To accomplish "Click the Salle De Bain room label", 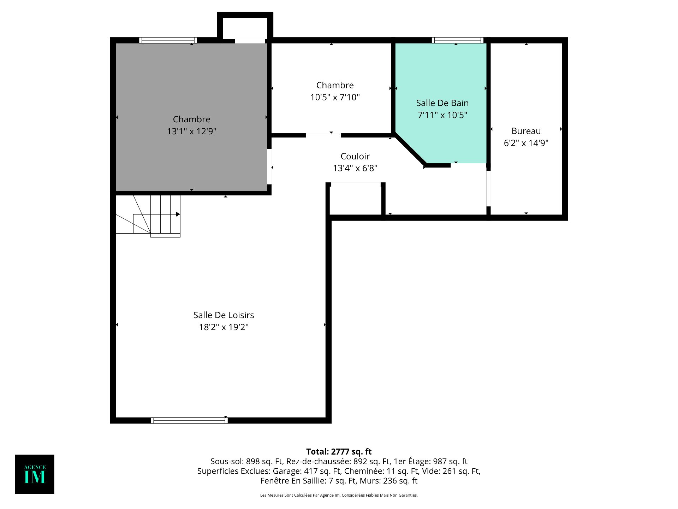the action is click(x=442, y=103).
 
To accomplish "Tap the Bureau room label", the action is click(x=526, y=131).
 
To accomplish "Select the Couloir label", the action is click(x=355, y=156).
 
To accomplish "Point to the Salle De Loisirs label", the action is click(x=224, y=315).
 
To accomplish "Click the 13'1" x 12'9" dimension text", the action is click(x=191, y=131).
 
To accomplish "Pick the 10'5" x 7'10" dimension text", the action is click(x=335, y=97).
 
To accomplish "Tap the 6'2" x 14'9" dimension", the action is click(x=526, y=143).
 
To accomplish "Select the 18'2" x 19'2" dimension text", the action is click(x=224, y=327).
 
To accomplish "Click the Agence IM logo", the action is click(x=35, y=474).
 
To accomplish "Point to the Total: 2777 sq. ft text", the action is click(x=339, y=451).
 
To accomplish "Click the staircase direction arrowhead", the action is click(x=178, y=214).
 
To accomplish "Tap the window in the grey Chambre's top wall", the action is click(x=168, y=40).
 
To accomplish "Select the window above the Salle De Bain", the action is click(x=457, y=40).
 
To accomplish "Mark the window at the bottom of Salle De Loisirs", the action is click(x=189, y=420).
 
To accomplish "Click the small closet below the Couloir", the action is click(x=356, y=199).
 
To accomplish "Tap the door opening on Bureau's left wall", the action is click(x=489, y=188).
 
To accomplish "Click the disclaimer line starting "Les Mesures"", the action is click(x=339, y=495).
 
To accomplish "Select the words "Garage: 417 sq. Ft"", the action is click(x=307, y=471).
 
